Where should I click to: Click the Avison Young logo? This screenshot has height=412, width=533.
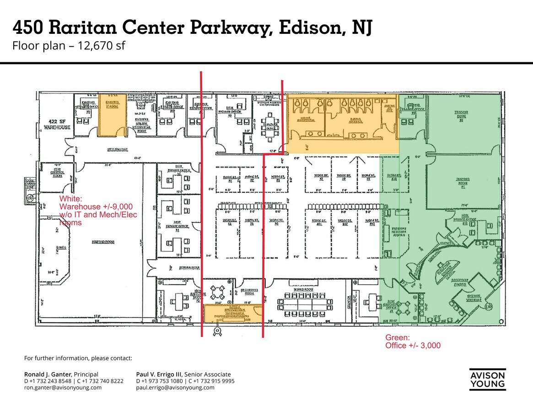487,379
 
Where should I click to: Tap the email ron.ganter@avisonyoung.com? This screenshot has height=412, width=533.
63,387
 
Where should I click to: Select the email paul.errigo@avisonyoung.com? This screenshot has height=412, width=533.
175,387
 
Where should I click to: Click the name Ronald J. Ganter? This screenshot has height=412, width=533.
48,374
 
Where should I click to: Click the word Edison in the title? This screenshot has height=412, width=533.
306,28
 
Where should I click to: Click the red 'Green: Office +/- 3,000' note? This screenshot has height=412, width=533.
413,342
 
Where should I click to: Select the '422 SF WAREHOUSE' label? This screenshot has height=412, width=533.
57,124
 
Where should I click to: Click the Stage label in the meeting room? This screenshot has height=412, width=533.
61,248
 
